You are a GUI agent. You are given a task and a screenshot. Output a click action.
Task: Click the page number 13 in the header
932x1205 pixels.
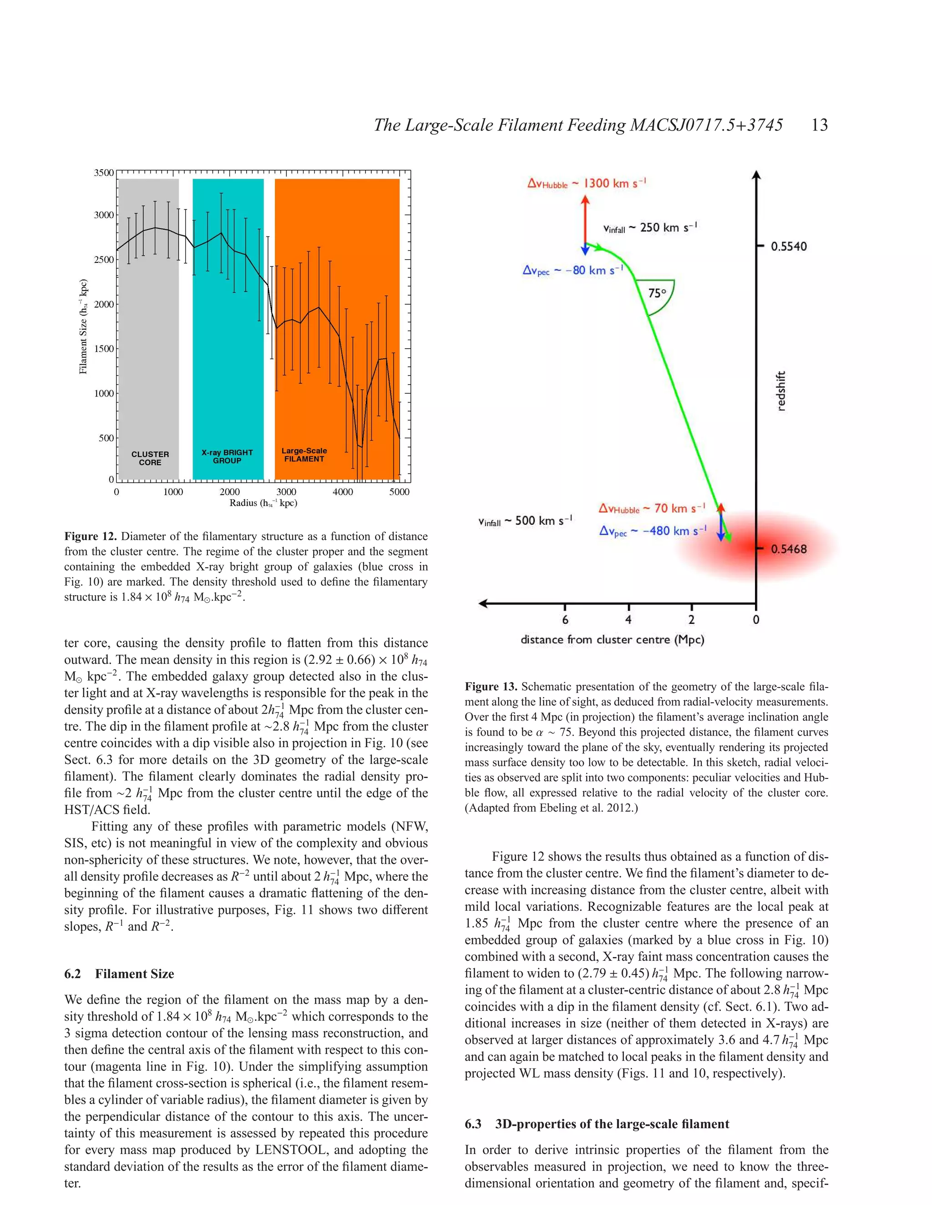(819, 125)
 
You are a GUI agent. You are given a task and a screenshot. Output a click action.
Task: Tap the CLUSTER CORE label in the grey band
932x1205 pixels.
(150, 458)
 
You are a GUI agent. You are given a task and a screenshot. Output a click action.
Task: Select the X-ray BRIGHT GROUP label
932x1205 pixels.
(227, 456)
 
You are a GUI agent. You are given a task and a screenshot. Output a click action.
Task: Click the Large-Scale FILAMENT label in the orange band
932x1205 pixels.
(304, 455)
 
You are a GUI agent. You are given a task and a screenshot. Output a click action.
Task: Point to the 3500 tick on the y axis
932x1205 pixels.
(104, 173)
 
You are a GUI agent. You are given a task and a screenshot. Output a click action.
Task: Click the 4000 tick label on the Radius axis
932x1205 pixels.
(342, 492)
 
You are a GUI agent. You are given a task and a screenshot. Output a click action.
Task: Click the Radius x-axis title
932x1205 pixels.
(263, 502)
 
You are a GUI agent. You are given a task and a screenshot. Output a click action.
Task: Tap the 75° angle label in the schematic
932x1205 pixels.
(657, 293)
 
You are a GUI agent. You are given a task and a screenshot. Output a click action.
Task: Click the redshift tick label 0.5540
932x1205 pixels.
(789, 246)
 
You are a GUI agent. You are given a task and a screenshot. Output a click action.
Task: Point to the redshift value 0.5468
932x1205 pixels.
(789, 549)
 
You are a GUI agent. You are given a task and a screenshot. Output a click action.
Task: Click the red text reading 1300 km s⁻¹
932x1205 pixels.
(614, 183)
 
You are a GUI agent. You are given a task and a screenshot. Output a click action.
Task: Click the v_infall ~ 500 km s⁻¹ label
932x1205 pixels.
(525, 521)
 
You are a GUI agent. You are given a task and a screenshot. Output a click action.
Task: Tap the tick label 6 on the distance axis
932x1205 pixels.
(565, 620)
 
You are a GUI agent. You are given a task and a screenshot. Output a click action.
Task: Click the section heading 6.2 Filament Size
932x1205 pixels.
(119, 974)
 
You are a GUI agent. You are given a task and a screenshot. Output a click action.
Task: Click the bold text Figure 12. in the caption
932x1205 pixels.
(91, 536)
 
